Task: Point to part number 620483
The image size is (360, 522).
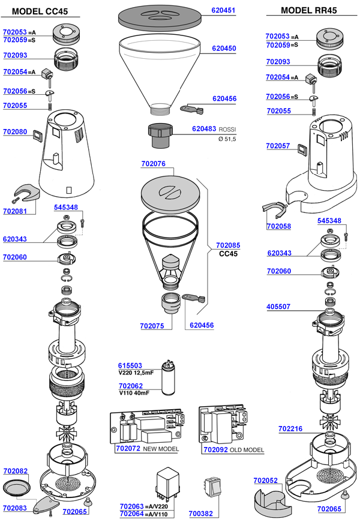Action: coord(204,129)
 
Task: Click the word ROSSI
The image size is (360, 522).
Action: coord(227,129)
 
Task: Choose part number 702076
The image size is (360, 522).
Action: coord(153,164)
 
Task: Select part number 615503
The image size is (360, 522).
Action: coord(130,365)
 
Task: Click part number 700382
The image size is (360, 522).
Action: coord(200,514)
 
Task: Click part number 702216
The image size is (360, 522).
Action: coord(290,429)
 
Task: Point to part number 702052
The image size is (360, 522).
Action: coord(265,481)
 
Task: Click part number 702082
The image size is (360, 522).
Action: coord(15,472)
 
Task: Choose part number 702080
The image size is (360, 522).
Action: coord(15,131)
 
